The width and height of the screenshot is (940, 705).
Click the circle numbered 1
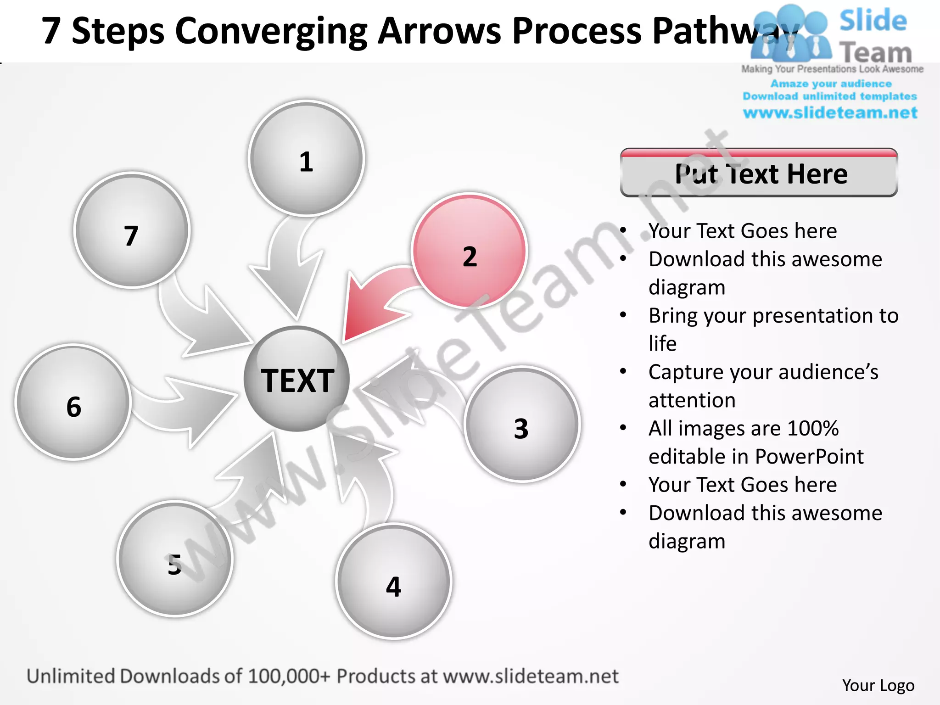306,158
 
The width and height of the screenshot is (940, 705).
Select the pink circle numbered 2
469,251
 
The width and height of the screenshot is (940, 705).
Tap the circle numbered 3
522,424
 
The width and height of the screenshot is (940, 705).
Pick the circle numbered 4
394,582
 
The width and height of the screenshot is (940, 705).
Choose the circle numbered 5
175,559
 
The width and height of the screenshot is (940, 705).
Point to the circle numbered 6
73,402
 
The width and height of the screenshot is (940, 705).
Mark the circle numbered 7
132,230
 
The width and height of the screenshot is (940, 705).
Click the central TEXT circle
297,379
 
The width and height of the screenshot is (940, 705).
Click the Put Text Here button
759,173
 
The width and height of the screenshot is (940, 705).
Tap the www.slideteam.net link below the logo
830,113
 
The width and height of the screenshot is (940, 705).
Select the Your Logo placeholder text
878,685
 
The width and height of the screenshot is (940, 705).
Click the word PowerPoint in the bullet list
809,457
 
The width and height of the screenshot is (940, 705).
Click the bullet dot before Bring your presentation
623,315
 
